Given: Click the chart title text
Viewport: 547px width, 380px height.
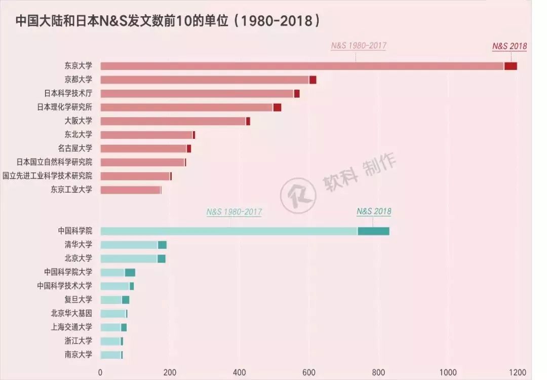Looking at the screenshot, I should coord(167,21).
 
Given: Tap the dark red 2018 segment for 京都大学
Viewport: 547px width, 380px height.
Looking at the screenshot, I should coord(312,80).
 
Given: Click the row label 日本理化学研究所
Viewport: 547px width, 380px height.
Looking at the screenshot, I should coord(65,107).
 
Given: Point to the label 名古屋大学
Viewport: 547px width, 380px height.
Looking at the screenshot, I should coord(75,148).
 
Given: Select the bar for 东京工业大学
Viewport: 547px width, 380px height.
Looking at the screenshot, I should coord(130,190).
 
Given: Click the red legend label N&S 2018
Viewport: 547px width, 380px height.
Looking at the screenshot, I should coord(510,46).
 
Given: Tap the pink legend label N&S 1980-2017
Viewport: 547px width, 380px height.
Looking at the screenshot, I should coord(359,46).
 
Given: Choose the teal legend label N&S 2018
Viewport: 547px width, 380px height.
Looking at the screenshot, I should coord(374,211).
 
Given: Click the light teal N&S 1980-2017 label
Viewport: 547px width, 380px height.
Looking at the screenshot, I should coord(234,212).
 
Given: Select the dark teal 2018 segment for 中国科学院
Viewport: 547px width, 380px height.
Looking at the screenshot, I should coord(373,231).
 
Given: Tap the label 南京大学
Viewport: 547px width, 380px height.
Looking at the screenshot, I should coord(79,355).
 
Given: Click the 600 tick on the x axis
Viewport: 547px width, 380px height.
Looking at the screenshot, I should coord(309,372).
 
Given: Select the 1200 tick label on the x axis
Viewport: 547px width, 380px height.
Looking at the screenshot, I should coord(517,372).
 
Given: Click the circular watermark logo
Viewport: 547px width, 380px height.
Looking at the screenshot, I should coord(298,195).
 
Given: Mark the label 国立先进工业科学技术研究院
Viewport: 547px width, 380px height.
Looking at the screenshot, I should coord(48,176).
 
